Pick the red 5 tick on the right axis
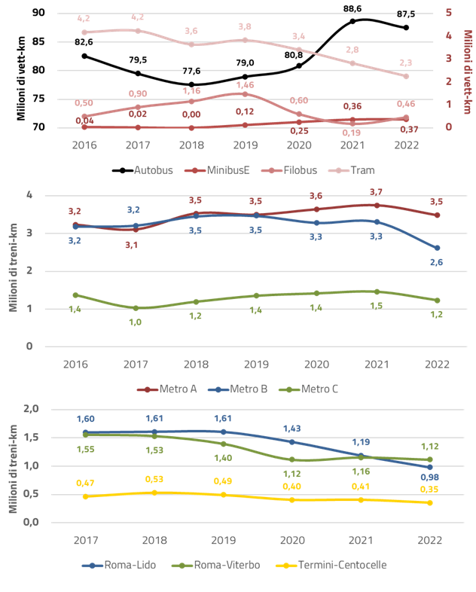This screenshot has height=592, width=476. click(x=448, y=12)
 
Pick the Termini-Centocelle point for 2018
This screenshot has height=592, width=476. click(x=154, y=493)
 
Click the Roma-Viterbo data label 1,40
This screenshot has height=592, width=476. click(x=224, y=458)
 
